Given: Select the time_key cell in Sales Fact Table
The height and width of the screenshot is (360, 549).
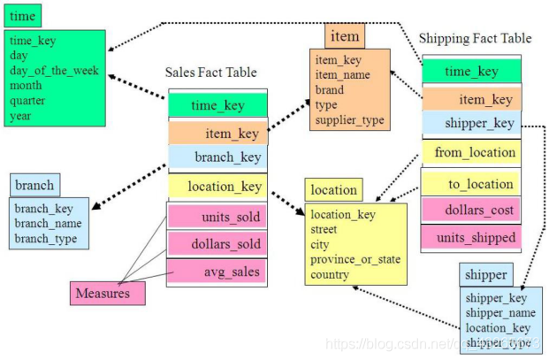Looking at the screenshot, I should coord(217,105).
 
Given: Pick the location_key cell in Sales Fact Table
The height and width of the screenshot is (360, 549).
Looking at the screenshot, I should coord(217,187).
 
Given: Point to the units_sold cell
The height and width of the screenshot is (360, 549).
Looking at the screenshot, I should coord(217,217).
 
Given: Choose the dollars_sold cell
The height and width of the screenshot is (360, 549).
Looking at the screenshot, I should coord(217,244).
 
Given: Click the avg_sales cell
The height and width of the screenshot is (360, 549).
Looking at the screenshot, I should coord(217,272).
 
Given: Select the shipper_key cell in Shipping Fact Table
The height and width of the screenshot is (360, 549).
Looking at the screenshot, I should coord(471,124).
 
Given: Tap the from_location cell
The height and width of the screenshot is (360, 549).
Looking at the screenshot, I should coord(471,152).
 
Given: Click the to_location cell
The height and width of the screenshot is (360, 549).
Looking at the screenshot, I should coord(471,183).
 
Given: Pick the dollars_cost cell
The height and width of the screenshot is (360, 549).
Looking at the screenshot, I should coord(471,211).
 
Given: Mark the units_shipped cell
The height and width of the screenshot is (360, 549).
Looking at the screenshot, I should coord(471,237).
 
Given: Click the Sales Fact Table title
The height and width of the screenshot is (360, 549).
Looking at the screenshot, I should coord(211,72).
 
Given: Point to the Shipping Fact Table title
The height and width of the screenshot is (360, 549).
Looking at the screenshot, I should coord(475,38).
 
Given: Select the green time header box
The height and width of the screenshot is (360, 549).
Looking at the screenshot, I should coord(23,16).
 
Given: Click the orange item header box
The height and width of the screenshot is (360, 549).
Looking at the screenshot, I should coord(345,36).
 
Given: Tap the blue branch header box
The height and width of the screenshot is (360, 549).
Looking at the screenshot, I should coord(34,185).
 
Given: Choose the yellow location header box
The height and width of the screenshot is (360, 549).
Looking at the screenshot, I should coord(334,189).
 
